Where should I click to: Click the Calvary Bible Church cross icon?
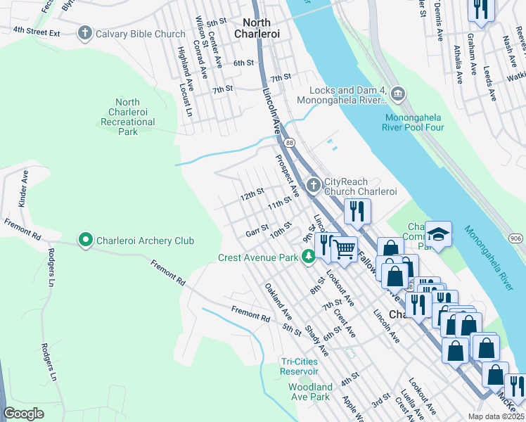tap(85, 33)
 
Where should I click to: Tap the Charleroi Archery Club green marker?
tap(86, 241)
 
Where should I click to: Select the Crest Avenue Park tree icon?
tap(308, 257)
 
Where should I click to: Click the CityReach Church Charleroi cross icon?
tap(312, 186)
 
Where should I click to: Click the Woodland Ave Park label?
tap(310, 392)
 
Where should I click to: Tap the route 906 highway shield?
tap(516, 239)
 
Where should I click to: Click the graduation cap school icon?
tap(439, 234)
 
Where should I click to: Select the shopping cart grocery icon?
tap(344, 248)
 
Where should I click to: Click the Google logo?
tap(24, 414)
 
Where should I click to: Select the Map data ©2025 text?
tap(496, 416)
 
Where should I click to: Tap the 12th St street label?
tap(251, 192)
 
